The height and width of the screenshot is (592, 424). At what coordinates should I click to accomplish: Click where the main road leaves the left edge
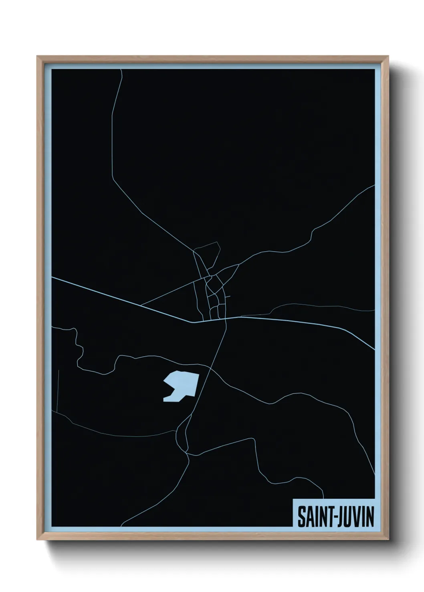click(52, 277)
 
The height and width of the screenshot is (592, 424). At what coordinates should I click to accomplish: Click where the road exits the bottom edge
click(121, 526)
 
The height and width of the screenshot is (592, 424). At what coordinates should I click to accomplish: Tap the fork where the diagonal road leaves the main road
click(141, 306)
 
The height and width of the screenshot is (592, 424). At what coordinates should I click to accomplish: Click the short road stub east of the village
click(228, 297)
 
